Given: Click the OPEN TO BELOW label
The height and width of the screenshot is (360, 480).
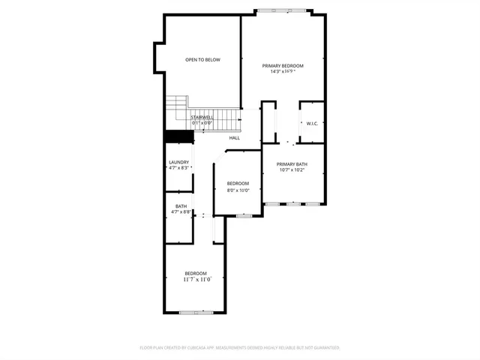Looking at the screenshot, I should point(202,59).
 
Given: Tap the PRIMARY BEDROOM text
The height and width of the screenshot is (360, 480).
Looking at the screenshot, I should point(283,66).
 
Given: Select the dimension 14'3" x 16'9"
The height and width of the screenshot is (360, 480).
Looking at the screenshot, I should point(283,72).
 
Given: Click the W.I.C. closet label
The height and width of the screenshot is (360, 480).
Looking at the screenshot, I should point(312,123).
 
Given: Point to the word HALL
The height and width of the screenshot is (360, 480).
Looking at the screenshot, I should point(235,138).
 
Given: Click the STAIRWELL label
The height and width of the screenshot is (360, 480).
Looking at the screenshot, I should point(202,117).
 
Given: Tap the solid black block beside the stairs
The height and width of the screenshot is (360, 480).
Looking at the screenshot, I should point(178,136).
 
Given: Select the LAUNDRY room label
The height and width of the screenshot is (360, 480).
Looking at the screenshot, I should point(178,162).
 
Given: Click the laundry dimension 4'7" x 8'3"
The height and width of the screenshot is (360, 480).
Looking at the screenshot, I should point(178,168).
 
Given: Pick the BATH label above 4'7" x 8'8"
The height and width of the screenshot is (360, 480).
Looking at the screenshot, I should point(181,206).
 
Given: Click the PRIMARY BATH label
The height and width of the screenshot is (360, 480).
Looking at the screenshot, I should point(292,164).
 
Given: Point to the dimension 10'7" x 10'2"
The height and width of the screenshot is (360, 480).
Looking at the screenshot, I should point(292,170).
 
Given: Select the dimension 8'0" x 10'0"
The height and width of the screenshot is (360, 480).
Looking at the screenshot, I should point(238,190).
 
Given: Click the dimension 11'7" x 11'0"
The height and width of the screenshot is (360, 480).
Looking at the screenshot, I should point(196,279).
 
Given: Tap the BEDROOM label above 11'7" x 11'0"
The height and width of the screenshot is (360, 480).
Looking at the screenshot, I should point(196,273).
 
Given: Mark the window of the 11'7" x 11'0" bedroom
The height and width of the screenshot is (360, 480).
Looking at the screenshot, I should point(196,312).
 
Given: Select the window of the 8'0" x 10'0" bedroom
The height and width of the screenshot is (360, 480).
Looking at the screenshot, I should point(243,216).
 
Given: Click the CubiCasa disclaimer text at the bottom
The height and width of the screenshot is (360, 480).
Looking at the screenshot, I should point(240,348).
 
